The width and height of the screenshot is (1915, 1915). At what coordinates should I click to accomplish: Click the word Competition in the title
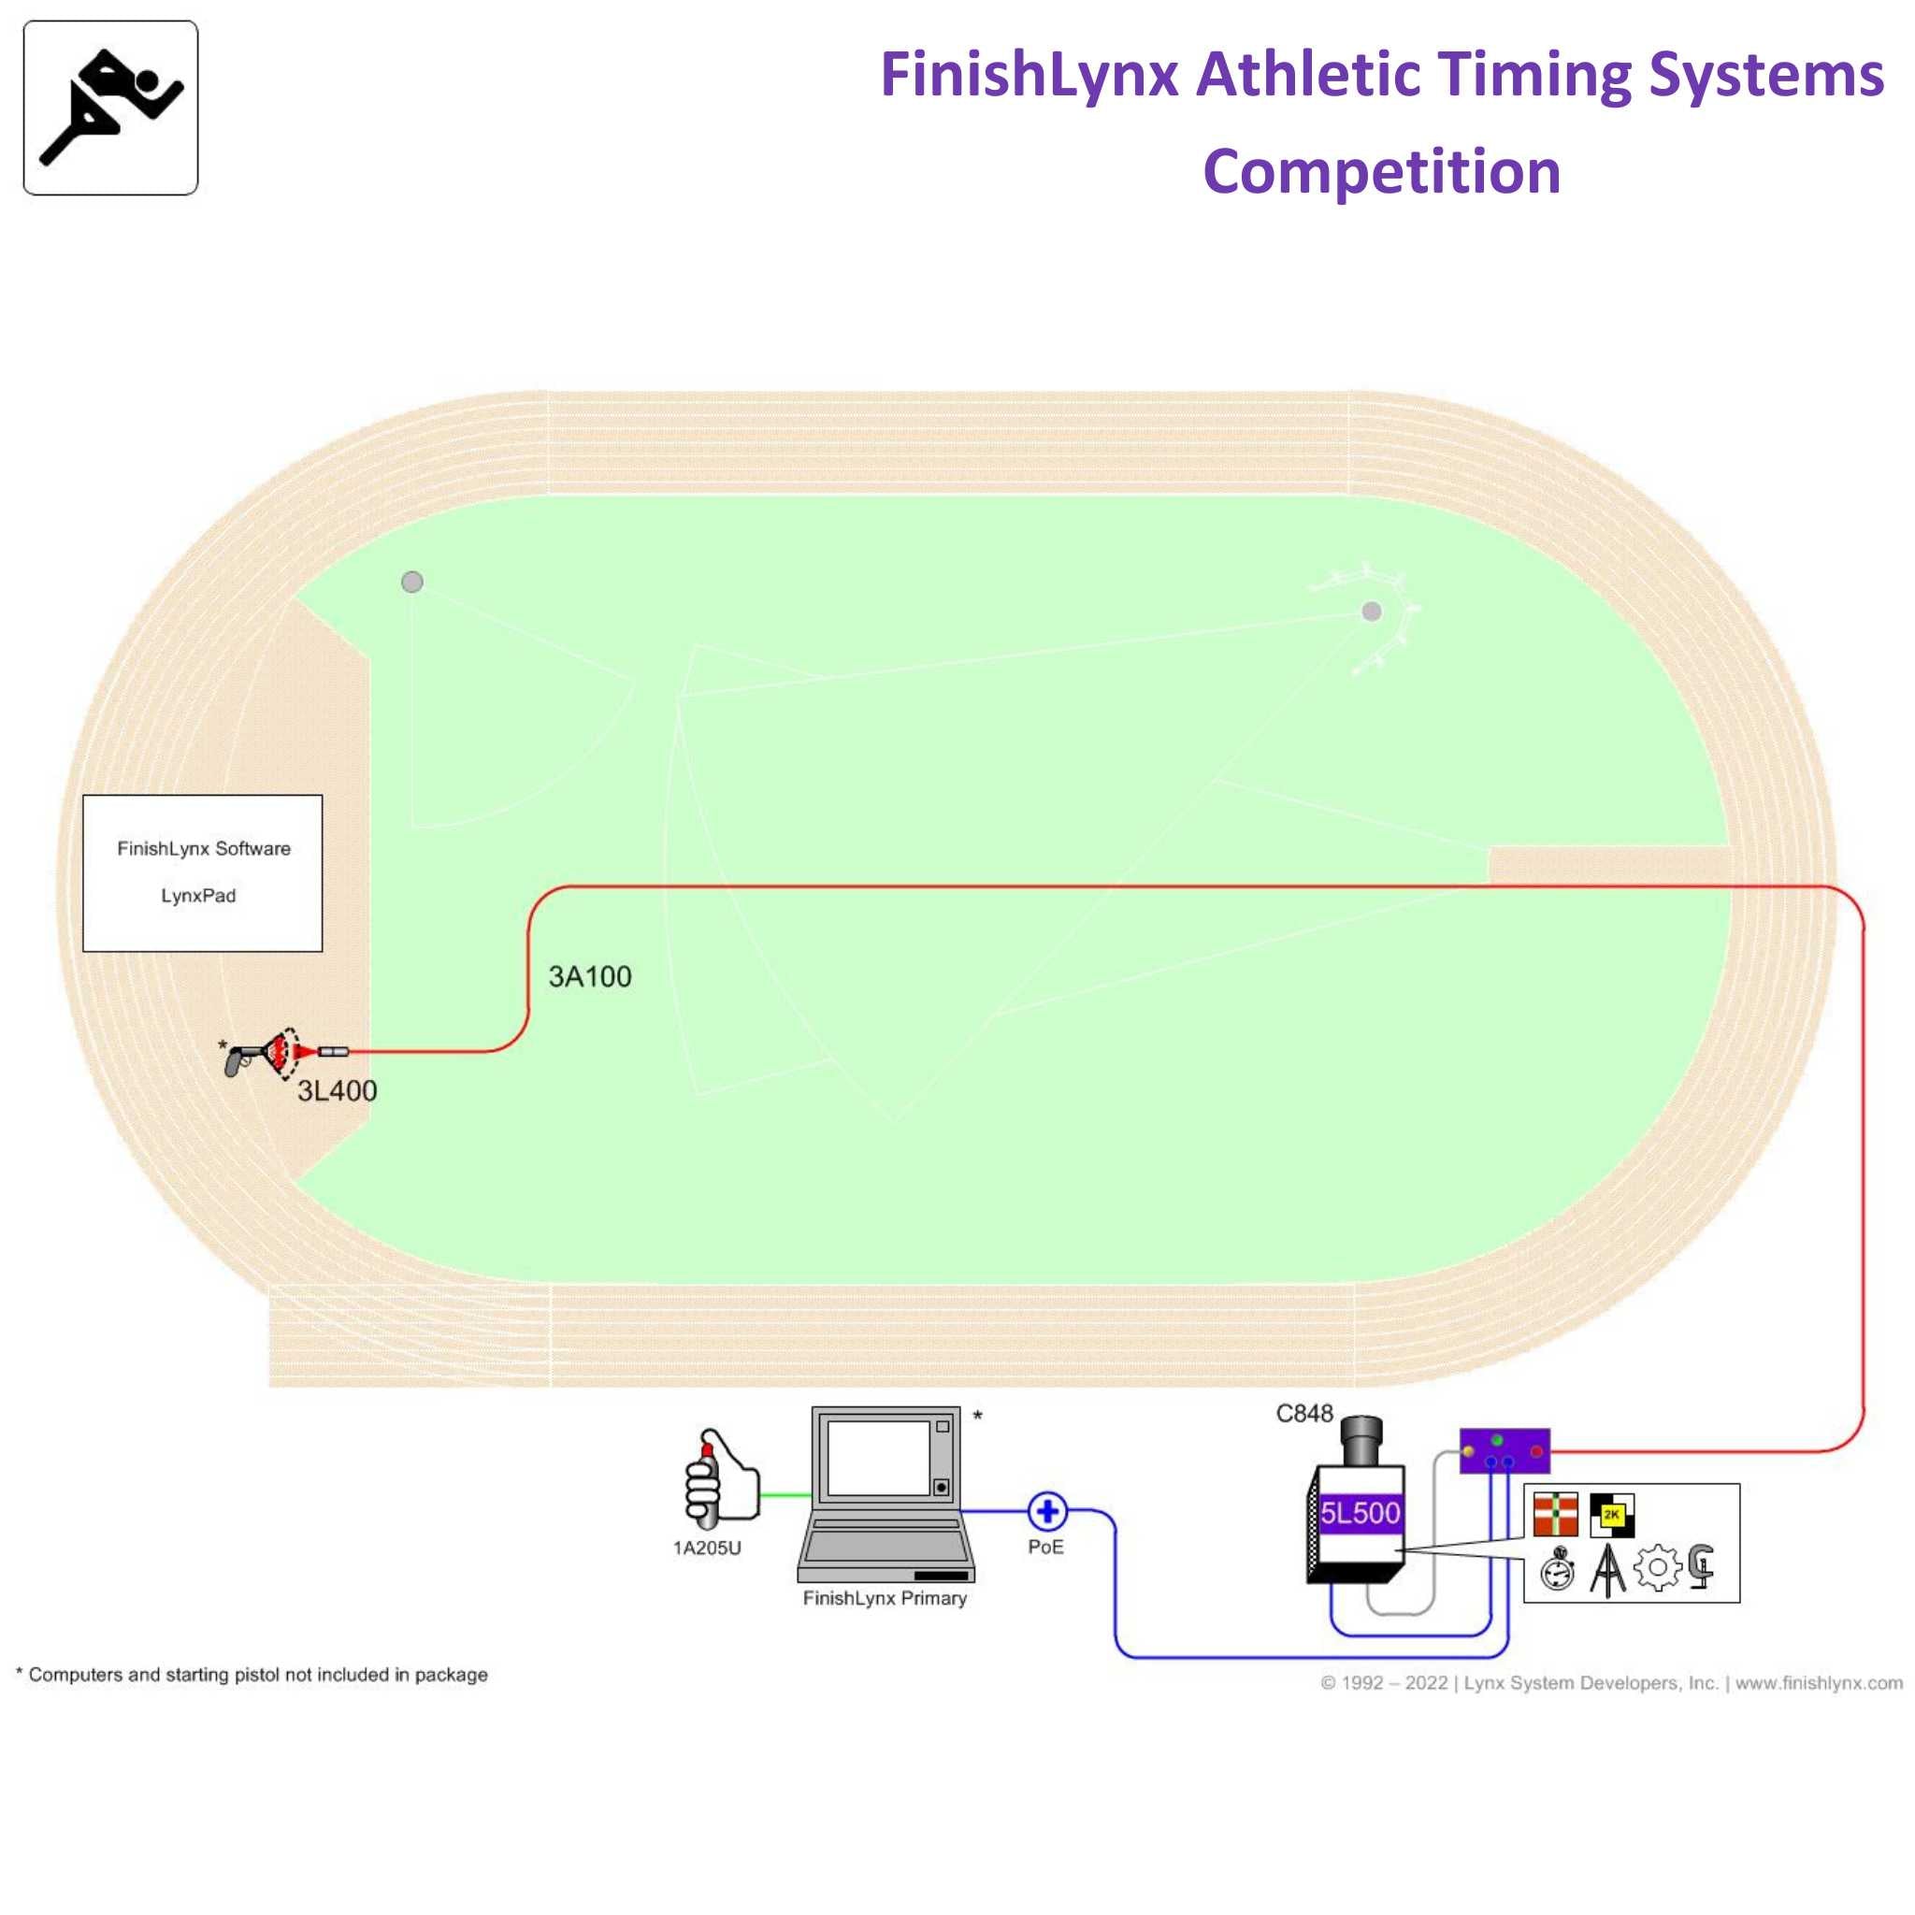pos(1381,171)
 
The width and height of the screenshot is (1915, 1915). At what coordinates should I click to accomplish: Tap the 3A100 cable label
pos(590,977)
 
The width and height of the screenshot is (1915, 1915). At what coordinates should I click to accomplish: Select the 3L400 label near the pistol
pos(337,1091)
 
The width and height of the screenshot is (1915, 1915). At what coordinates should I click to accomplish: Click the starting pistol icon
pos(244,1059)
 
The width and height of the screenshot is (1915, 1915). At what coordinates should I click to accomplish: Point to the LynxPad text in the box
pos(198,896)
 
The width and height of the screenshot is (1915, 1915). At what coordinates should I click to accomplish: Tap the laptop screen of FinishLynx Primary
pos(877,1458)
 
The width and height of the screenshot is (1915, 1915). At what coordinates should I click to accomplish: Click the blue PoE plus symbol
pos(1046,1512)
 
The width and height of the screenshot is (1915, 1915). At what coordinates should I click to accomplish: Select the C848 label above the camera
pos(1303,1414)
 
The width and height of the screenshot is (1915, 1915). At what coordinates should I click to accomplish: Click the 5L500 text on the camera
pos(1360,1514)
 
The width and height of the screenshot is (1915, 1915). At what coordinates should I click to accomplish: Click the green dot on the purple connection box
pos(1497,1440)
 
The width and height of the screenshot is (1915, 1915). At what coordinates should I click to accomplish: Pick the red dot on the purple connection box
pos(1536,1452)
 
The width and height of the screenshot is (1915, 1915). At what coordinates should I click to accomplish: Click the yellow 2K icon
pos(1611,1516)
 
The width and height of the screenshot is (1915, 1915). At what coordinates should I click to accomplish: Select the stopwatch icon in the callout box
pos(1557,1571)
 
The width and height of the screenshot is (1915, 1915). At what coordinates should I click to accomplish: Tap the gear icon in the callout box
pos(1657,1569)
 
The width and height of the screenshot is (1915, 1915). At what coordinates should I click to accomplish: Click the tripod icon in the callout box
pos(1607,1571)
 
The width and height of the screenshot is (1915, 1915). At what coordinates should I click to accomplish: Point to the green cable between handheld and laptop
pos(785,1496)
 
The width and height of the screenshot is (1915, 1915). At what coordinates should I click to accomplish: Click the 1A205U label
pos(707,1548)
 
